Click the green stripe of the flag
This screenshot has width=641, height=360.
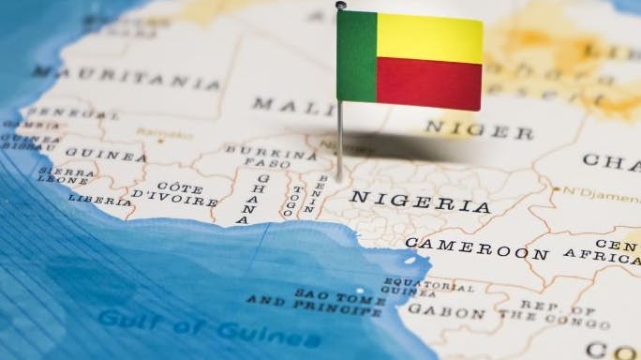coord(356,55)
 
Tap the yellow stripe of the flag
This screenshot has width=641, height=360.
coord(429,38)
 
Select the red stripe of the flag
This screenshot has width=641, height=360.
coord(429,83)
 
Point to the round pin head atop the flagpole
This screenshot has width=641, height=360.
coord(341,6)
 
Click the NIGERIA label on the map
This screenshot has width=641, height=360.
coord(419,202)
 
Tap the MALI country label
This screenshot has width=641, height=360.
coord(281,104)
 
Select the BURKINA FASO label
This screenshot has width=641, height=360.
coord(258,156)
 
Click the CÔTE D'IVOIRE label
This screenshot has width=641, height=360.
coord(174,194)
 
